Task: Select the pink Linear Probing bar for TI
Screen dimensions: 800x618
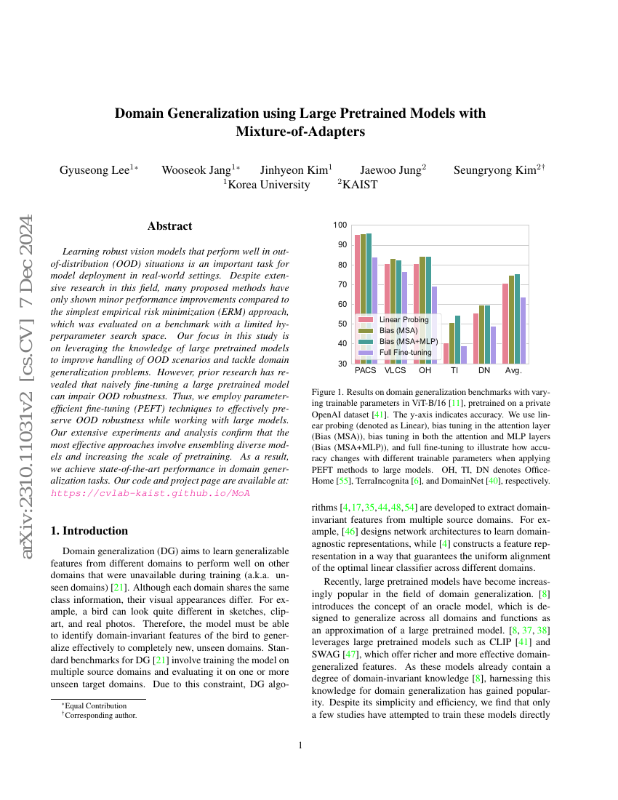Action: (446, 353)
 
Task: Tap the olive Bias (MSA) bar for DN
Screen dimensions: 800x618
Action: (481, 334)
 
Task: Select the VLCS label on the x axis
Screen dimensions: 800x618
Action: (396, 371)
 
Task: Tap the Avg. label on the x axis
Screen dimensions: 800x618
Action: (514, 371)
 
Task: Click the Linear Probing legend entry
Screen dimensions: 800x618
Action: (404, 319)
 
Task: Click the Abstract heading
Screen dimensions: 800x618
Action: (169, 226)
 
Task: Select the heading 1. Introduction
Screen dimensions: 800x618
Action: (89, 531)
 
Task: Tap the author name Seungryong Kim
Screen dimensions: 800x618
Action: (495, 170)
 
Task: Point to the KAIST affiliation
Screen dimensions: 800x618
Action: (360, 185)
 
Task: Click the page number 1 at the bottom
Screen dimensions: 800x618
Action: (301, 745)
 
